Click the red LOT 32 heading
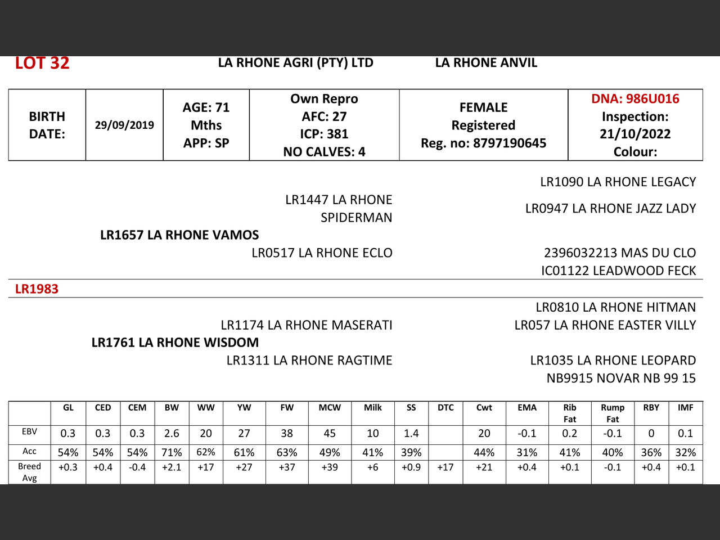coord(42,63)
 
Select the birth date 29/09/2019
coord(124,125)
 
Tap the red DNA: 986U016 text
coord(635,99)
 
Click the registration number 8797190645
coord(510,143)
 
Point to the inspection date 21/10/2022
coord(635,134)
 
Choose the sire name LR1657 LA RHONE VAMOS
coord(179,235)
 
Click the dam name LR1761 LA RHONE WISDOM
coord(175,343)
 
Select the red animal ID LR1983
coord(37,289)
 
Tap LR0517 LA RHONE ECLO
coord(322,253)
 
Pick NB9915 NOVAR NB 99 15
coord(621,378)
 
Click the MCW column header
coord(330,408)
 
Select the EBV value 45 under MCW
coord(330,434)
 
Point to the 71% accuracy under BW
coord(172,452)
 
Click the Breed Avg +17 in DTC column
coord(445,467)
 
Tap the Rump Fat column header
coord(613,413)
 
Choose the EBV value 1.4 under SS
coord(411,434)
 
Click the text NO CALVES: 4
coord(324,152)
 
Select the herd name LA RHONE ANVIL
coord(486,63)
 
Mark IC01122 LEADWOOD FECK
coord(618,271)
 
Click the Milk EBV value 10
coord(372,434)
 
